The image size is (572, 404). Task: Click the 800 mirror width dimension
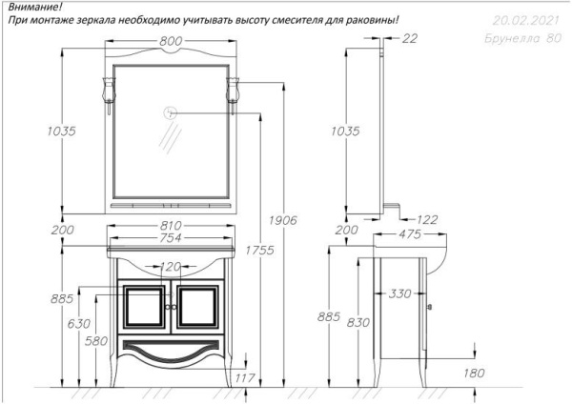pyautogui.click(x=171, y=42)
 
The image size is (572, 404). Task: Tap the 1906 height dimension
pyautogui.click(x=283, y=220)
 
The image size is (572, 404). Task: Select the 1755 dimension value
pyautogui.click(x=259, y=251)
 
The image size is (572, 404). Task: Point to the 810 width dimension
pyautogui.click(x=171, y=225)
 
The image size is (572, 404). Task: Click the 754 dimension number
pyautogui.click(x=171, y=238)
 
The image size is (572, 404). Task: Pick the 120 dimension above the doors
pyautogui.click(x=171, y=267)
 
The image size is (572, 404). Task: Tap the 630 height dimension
pyautogui.click(x=79, y=323)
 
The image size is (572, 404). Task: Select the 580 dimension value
pyautogui.click(x=96, y=341)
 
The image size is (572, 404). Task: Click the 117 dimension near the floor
pyautogui.click(x=245, y=377)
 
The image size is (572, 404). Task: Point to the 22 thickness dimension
pyautogui.click(x=409, y=38)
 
